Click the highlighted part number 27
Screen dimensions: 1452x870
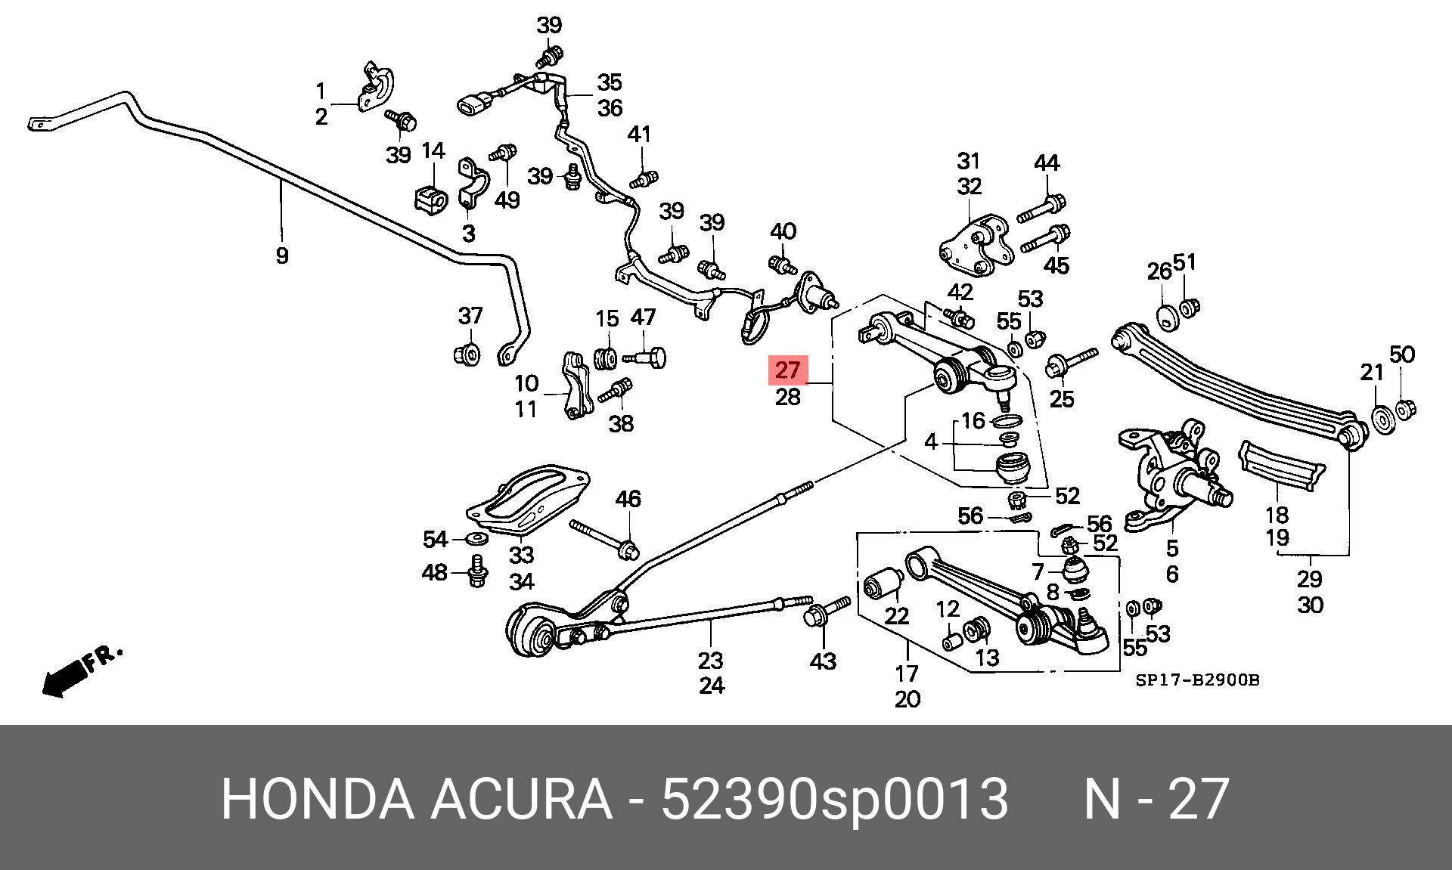[x=787, y=370]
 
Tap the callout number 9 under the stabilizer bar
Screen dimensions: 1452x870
[x=281, y=255]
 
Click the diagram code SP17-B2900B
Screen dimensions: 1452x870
[x=1197, y=680]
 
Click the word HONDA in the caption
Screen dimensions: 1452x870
[x=317, y=799]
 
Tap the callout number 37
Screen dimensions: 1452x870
[x=470, y=315]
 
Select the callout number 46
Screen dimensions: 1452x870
[x=628, y=499]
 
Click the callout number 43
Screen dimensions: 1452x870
[x=822, y=661]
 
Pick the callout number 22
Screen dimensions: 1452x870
[x=896, y=616]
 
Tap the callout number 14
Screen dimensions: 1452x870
[x=433, y=151]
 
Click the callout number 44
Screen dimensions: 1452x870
[x=1046, y=163]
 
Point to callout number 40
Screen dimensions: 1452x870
[x=783, y=231]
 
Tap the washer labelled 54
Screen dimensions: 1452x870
[x=476, y=538]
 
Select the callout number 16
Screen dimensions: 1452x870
[x=973, y=420]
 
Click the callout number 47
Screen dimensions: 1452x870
[x=643, y=317]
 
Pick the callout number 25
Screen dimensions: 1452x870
[x=1062, y=398]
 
